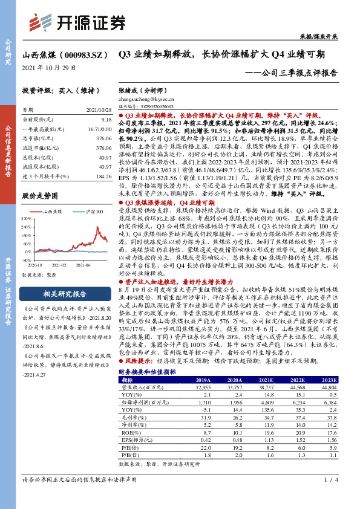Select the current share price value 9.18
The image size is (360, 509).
106,121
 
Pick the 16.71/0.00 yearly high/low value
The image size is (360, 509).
99,129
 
